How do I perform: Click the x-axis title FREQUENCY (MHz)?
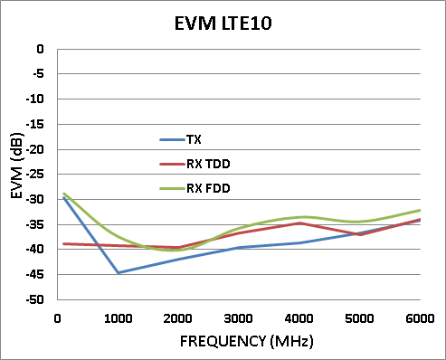[239, 343]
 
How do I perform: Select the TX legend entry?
[194, 139]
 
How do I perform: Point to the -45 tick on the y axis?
[39, 274]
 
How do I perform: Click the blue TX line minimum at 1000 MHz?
[119, 272]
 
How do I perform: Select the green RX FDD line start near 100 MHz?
[64, 194]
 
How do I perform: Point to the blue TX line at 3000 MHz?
[240, 247]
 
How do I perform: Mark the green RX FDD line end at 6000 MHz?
[421, 210]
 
